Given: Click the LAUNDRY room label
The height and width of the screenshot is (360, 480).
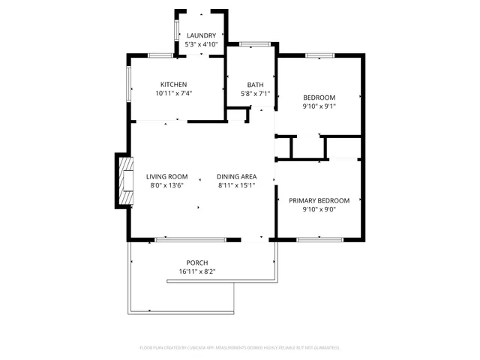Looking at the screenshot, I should [201, 35].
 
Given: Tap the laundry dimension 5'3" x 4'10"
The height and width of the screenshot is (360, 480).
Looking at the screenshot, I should [201, 45].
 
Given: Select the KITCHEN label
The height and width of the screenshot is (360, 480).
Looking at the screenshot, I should [173, 84].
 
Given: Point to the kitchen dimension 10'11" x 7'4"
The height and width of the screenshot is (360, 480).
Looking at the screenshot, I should [173, 94].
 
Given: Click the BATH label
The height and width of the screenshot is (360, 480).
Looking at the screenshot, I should [255, 84].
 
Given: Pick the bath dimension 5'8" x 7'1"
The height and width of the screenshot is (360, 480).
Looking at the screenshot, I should [255, 94].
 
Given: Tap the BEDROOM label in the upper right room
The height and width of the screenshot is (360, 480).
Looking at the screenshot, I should [319, 97].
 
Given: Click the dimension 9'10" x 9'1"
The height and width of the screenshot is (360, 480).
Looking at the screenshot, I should [319, 106].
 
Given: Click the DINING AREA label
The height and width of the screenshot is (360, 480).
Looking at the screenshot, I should [237, 176].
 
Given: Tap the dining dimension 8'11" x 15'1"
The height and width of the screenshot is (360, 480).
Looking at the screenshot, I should [237, 186].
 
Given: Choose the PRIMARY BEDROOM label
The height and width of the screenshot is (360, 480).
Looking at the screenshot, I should [319, 200].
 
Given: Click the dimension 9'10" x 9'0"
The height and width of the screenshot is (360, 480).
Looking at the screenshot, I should [319, 210].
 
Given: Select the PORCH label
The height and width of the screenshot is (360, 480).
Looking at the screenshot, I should [197, 262].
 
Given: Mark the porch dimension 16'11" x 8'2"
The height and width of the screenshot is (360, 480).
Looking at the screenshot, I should [197, 271].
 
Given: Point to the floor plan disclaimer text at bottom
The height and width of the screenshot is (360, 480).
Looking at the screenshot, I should [240, 348].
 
